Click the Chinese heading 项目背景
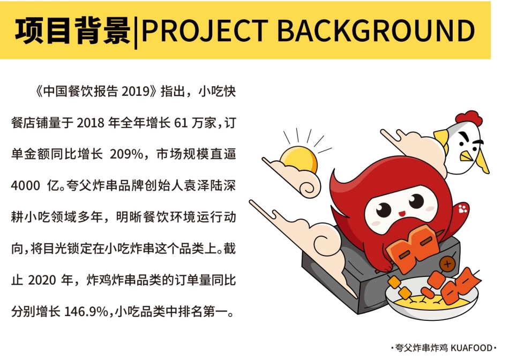point(72,31)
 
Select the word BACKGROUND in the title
point(376,31)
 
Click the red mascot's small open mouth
point(400,214)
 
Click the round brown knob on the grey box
point(447,263)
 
